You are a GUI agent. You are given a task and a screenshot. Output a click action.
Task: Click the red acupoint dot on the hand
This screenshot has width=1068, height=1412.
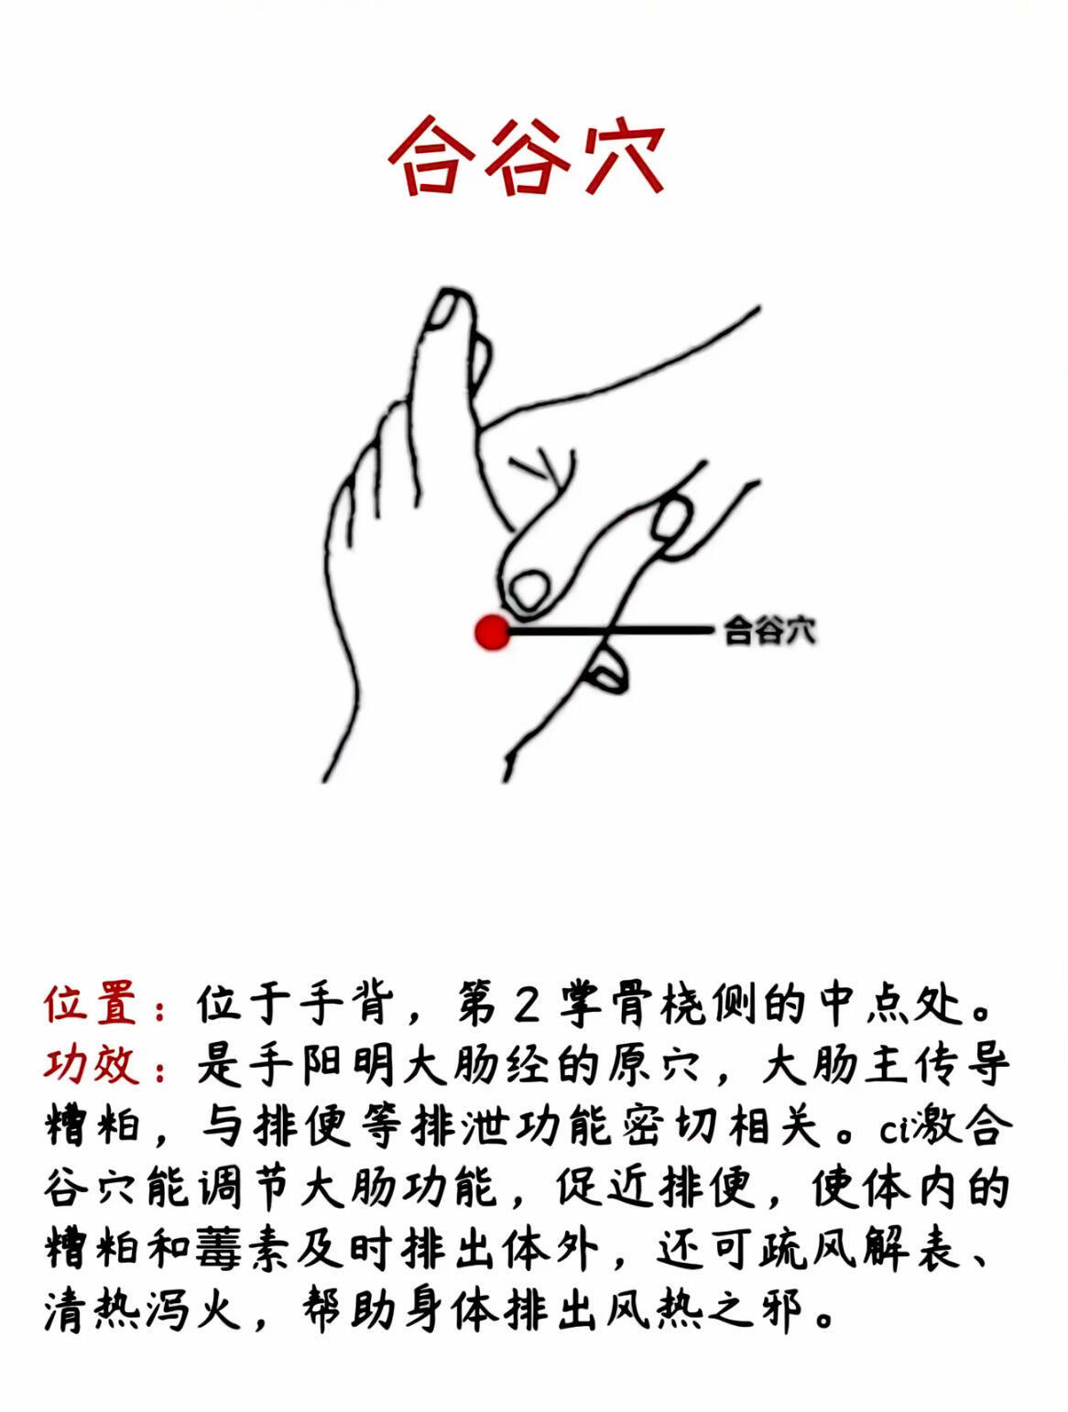click(492, 633)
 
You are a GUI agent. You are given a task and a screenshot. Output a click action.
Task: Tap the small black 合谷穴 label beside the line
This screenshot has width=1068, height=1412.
click(769, 631)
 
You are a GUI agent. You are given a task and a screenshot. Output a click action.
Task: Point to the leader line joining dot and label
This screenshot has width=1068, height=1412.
click(611, 631)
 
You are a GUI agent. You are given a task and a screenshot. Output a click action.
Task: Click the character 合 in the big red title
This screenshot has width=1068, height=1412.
click(431, 157)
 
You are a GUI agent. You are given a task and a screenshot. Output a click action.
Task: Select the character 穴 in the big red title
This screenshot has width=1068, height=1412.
click(623, 157)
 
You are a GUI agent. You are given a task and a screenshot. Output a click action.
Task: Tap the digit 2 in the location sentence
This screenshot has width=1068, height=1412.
click(527, 1005)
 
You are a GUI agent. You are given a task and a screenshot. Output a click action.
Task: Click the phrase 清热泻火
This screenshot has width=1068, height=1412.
click(142, 1311)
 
